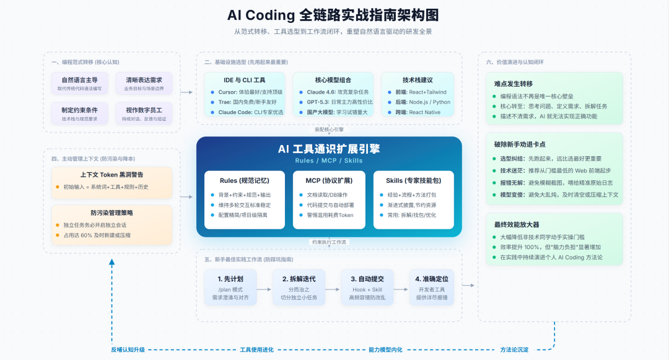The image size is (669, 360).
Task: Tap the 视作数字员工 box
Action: (144, 114)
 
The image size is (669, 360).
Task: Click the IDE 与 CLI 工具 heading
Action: (244, 81)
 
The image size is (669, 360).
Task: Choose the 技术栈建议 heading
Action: (417, 81)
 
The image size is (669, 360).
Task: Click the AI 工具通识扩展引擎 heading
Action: (329, 149)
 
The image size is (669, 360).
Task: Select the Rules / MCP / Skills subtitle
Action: (329, 160)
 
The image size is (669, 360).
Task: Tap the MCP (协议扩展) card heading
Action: (329, 181)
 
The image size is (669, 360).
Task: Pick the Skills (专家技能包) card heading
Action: (413, 181)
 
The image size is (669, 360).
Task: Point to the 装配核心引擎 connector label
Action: (329, 130)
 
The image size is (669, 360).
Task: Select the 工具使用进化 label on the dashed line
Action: (256, 349)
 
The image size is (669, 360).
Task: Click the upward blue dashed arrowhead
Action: (111, 263)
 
